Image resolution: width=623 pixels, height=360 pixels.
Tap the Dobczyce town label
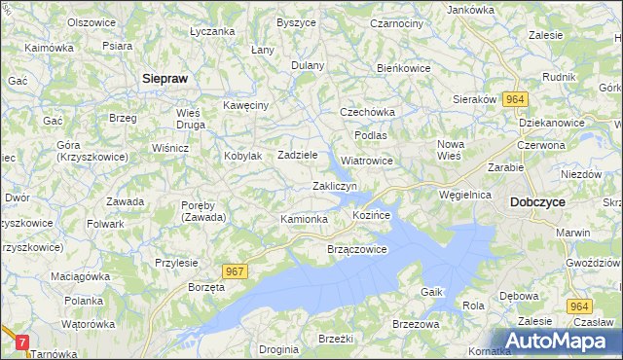click(x=537, y=201)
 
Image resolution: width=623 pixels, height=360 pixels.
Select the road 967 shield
click(x=235, y=272)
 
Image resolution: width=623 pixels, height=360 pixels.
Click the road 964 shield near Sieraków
click(x=515, y=99)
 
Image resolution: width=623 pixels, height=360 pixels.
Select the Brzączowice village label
click(x=356, y=249)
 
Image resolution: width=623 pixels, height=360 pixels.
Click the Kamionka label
click(x=304, y=219)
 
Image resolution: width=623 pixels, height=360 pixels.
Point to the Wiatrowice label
click(x=367, y=161)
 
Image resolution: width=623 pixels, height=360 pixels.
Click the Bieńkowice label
click(x=404, y=69)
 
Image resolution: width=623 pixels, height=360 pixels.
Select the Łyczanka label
click(x=213, y=31)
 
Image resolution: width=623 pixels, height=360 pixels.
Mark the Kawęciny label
click(x=244, y=105)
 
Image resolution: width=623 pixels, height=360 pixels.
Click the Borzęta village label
click(x=206, y=289)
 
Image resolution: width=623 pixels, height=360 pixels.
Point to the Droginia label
click(x=279, y=348)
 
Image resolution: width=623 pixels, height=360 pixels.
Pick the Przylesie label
click(x=176, y=262)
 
